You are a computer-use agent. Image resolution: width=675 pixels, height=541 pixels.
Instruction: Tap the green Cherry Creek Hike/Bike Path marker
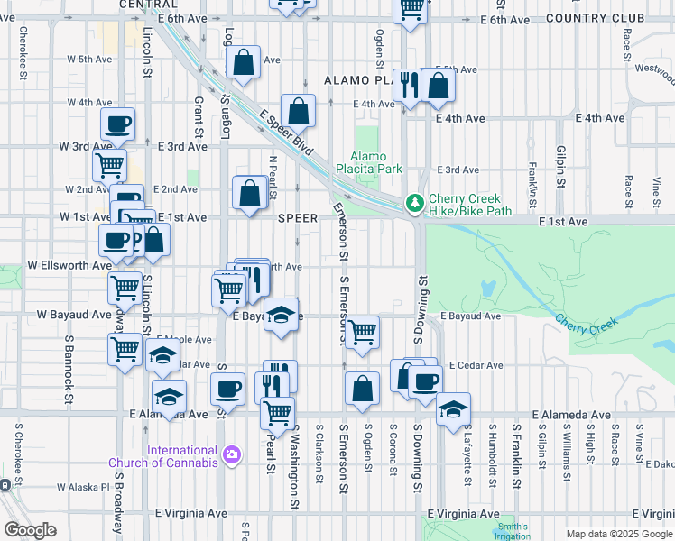(x=415, y=204)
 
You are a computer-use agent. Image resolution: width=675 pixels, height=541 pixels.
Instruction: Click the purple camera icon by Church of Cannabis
(x=232, y=454)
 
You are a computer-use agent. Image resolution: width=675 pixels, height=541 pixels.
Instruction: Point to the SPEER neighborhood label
(x=298, y=218)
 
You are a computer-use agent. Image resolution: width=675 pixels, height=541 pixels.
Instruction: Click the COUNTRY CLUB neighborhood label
(x=596, y=17)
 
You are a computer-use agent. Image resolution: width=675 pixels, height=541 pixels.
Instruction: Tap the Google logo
(x=30, y=530)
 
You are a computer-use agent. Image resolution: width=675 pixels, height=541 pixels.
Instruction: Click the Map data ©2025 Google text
(x=618, y=534)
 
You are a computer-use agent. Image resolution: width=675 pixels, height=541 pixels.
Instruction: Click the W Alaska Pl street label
(x=83, y=487)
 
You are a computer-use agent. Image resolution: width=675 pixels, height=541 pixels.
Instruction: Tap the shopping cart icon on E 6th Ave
(x=411, y=9)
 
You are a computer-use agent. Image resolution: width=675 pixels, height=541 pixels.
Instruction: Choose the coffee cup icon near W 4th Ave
(x=117, y=124)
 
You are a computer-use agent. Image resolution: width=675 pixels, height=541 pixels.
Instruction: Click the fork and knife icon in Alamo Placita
(x=409, y=85)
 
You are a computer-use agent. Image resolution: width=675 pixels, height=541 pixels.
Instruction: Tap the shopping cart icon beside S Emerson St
(x=363, y=331)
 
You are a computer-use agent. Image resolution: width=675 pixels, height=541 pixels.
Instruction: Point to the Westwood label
(x=654, y=68)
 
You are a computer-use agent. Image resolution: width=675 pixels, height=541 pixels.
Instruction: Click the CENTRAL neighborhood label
(x=147, y=5)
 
